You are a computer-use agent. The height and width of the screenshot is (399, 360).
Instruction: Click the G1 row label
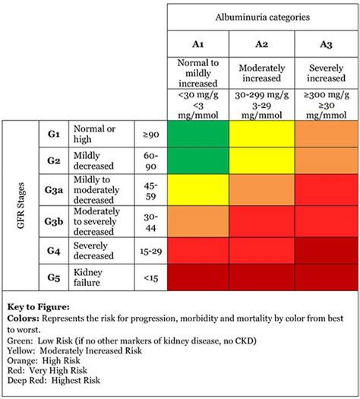click(x=53, y=134)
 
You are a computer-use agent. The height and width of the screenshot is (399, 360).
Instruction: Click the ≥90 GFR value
click(x=150, y=134)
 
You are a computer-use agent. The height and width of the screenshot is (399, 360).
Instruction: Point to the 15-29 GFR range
click(x=150, y=249)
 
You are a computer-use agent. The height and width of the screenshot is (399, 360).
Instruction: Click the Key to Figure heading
click(x=38, y=302)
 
